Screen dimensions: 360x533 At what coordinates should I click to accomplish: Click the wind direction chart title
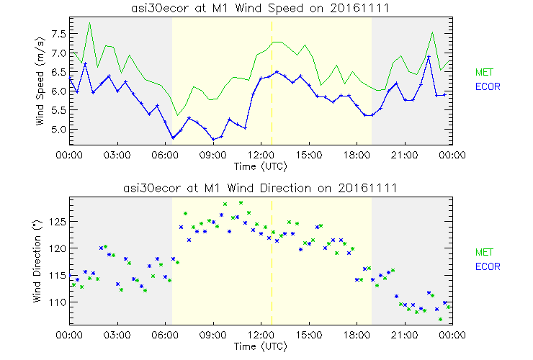pos(261,188)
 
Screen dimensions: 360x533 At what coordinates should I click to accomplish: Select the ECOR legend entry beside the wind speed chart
pos(488,86)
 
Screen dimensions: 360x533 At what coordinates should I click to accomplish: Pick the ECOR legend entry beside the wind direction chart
pos(488,266)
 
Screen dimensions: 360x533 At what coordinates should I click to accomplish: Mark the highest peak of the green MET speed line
pos(89,23)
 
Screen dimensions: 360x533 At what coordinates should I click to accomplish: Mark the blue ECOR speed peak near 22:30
pos(429,56)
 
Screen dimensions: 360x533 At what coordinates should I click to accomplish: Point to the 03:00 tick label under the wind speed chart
pos(117,155)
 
